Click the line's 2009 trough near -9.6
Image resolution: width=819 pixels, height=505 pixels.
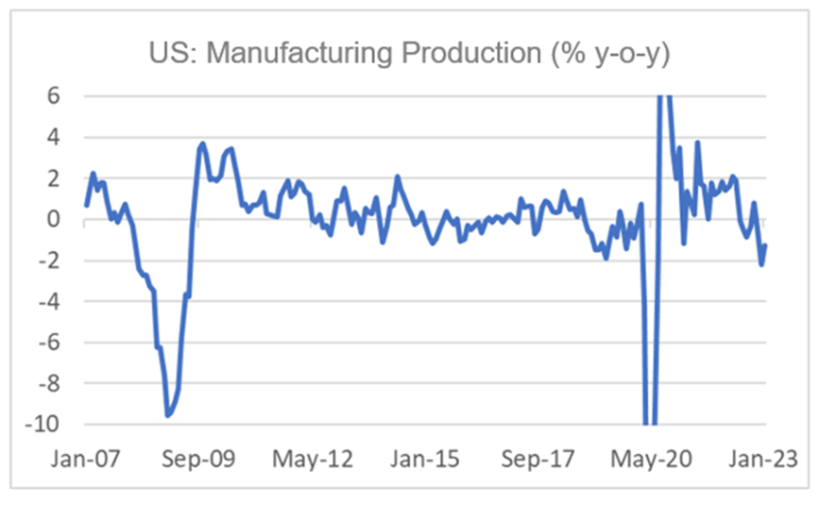click(167, 415)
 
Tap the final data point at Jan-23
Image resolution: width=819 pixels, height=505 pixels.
click(765, 244)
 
